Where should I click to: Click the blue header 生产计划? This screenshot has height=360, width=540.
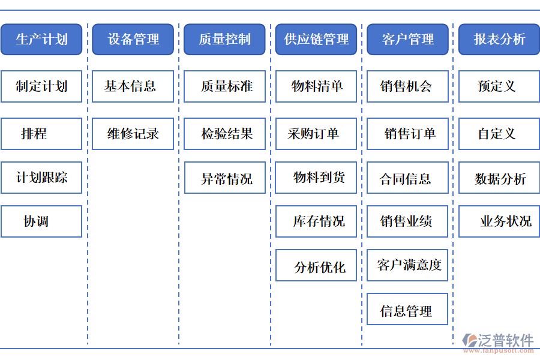point(41,40)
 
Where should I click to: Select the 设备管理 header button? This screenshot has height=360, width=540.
point(133,40)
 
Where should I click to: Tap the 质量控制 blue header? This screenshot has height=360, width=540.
point(224,40)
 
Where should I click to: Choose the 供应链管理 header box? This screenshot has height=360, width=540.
point(316,40)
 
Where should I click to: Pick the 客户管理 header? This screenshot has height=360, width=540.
point(407,40)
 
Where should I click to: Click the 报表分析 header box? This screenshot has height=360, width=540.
point(499,40)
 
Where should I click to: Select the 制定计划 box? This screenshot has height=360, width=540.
point(41,86)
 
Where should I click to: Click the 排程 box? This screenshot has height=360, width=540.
point(41,134)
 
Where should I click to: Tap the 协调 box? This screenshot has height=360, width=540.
point(41,221)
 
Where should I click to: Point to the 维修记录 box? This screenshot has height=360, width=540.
point(133,134)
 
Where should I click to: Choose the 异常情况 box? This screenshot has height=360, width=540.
point(224,178)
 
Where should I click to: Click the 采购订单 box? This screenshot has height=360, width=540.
point(316,134)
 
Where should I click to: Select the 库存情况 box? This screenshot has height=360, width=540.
point(316,221)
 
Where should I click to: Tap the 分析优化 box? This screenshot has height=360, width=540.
point(316,266)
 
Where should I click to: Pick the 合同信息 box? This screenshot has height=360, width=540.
point(407,178)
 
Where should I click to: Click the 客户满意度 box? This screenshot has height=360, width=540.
point(407,265)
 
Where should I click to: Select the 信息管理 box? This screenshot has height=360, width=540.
point(407,310)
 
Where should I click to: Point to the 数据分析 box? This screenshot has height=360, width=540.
point(499,178)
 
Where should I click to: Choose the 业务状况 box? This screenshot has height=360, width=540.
point(499,221)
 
